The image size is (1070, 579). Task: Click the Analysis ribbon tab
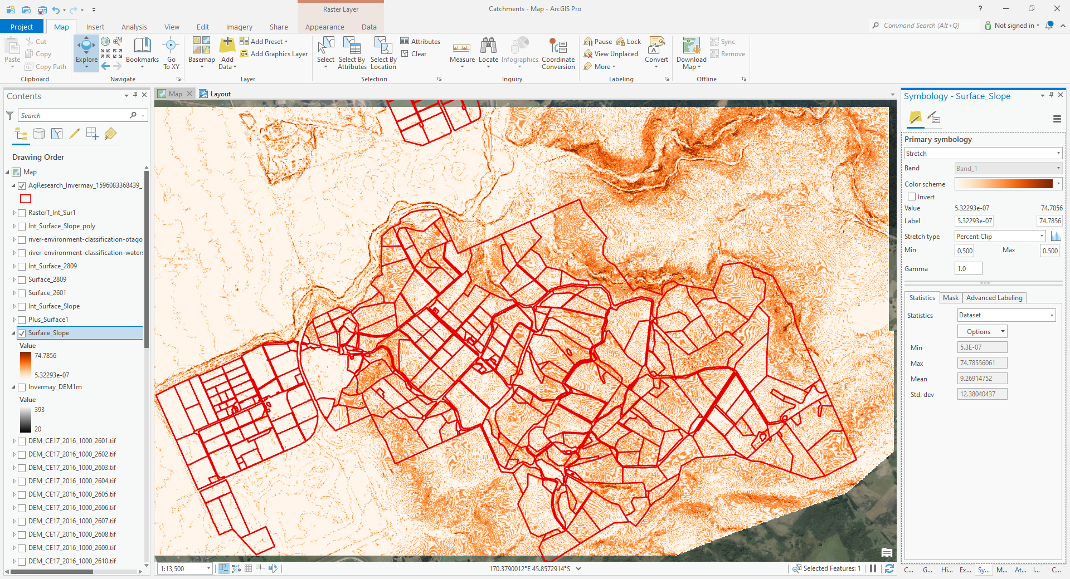[134, 27]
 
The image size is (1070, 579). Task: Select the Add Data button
[227, 53]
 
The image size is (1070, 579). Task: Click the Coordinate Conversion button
[558, 53]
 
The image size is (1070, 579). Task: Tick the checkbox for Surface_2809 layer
[22, 279]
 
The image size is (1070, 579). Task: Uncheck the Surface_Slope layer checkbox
[22, 333]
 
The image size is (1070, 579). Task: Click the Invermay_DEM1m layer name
[55, 387]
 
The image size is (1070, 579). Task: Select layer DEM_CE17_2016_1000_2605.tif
[72, 494]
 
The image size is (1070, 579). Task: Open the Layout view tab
[220, 94]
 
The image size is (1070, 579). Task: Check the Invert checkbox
[912, 197]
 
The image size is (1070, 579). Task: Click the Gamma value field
[968, 269]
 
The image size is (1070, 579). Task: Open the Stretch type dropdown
[1000, 237]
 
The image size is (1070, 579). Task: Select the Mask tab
[950, 298]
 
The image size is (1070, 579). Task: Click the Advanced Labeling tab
[994, 298]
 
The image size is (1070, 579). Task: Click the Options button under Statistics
[982, 332]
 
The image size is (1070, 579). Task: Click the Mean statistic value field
[982, 379]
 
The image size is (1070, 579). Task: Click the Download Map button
[691, 53]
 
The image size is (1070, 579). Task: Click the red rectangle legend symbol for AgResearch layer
[26, 199]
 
